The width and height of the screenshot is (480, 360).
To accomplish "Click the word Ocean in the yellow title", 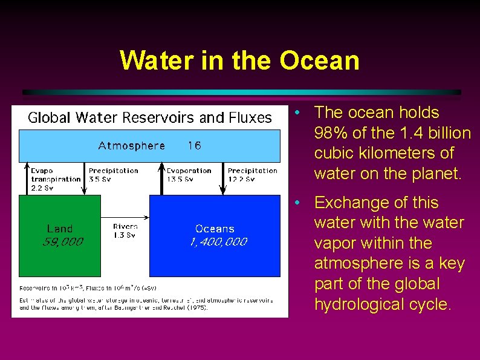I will pyautogui.click(x=320, y=61).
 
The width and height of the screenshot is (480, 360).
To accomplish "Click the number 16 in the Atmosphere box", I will pyautogui.click(x=194, y=145).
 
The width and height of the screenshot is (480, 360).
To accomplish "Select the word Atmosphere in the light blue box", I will pyautogui.click(x=131, y=145).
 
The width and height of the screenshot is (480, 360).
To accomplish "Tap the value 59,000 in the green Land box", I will pyautogui.click(x=63, y=242).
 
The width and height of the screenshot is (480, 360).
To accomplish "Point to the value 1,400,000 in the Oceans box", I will pyautogui.click(x=218, y=242).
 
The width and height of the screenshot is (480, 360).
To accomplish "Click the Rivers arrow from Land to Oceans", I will pyautogui.click(x=125, y=217).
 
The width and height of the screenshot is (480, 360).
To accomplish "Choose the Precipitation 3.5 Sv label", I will pyautogui.click(x=113, y=175).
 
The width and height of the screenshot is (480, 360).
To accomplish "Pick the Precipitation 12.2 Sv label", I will pyautogui.click(x=252, y=175).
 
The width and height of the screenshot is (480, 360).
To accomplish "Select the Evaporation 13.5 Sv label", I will pyautogui.click(x=189, y=175).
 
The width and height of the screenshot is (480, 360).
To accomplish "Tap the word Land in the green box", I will pyautogui.click(x=60, y=229).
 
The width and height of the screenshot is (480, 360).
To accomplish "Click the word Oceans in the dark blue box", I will pyautogui.click(x=215, y=229).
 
